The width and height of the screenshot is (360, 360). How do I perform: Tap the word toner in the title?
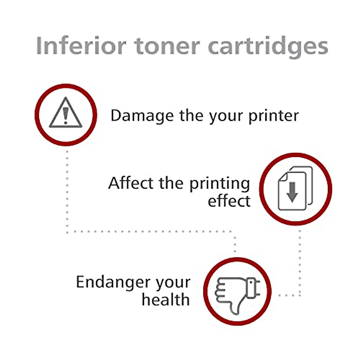coord(167,46)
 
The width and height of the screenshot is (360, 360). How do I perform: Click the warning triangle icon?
coord(66,114)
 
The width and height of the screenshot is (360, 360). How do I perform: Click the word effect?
coord(229,201)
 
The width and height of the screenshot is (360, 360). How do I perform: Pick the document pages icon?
coord(295,188)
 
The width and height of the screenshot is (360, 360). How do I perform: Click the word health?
coord(166,299)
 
